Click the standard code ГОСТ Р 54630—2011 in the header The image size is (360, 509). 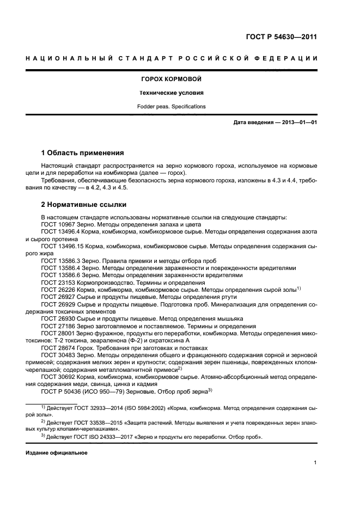(282, 38)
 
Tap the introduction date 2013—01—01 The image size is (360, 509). (297, 122)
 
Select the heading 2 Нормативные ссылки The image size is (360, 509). (84, 205)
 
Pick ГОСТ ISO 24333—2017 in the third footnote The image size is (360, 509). (95, 437)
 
